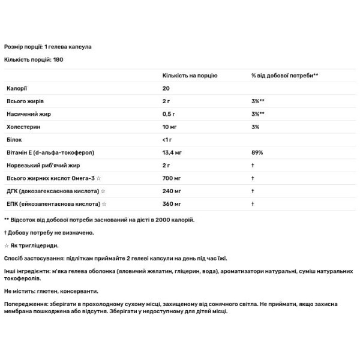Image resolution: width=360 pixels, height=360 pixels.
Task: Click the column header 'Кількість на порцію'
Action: click(x=190, y=76)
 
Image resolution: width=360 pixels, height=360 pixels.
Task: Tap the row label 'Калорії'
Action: click(x=16, y=89)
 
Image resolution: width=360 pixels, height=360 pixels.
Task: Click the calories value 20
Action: click(x=166, y=89)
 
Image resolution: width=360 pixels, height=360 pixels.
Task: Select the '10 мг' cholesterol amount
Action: click(x=170, y=127)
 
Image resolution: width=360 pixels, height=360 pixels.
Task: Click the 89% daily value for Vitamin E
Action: click(x=257, y=152)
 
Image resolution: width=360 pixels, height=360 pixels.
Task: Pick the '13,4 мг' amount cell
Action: click(x=173, y=152)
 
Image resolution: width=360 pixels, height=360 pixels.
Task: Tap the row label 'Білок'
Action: click(x=14, y=140)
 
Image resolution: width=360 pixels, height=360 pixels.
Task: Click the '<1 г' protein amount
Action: click(x=168, y=140)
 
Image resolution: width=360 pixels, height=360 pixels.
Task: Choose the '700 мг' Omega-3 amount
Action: click(x=172, y=178)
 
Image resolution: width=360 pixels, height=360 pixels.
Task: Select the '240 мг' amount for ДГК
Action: click(x=172, y=191)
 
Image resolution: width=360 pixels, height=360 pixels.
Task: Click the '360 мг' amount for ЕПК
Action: click(x=172, y=204)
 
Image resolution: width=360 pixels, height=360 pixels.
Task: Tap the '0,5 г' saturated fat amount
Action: click(x=169, y=114)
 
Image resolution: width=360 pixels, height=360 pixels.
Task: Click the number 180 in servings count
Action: click(x=58, y=60)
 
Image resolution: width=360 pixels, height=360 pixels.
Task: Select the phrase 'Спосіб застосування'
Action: click(x=34, y=259)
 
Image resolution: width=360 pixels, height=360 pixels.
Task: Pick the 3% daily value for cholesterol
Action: click(x=255, y=127)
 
